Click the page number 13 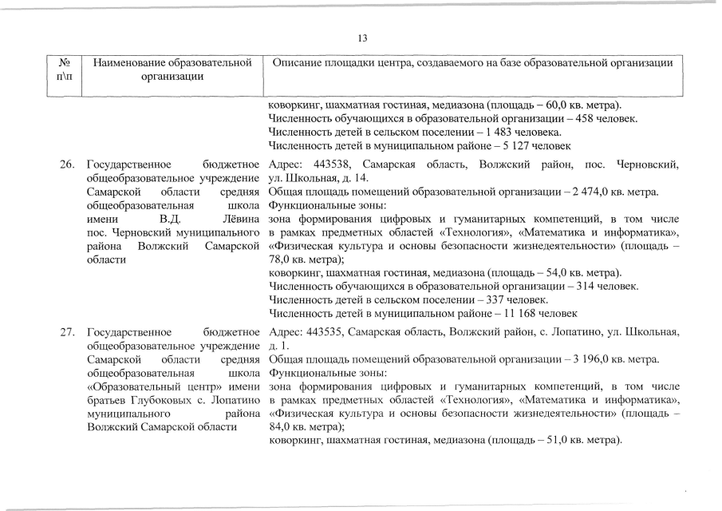[x=361, y=38]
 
